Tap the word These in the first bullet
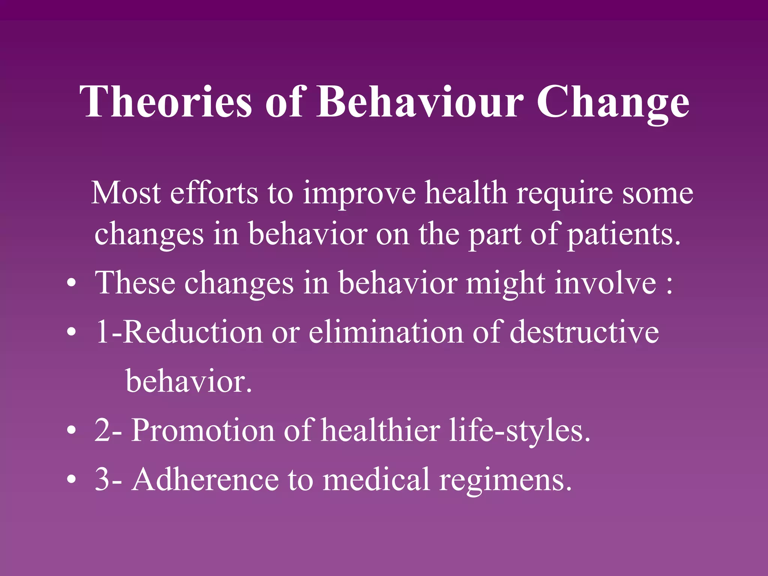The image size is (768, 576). pyautogui.click(x=135, y=283)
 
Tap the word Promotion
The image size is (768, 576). pyautogui.click(x=202, y=431)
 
